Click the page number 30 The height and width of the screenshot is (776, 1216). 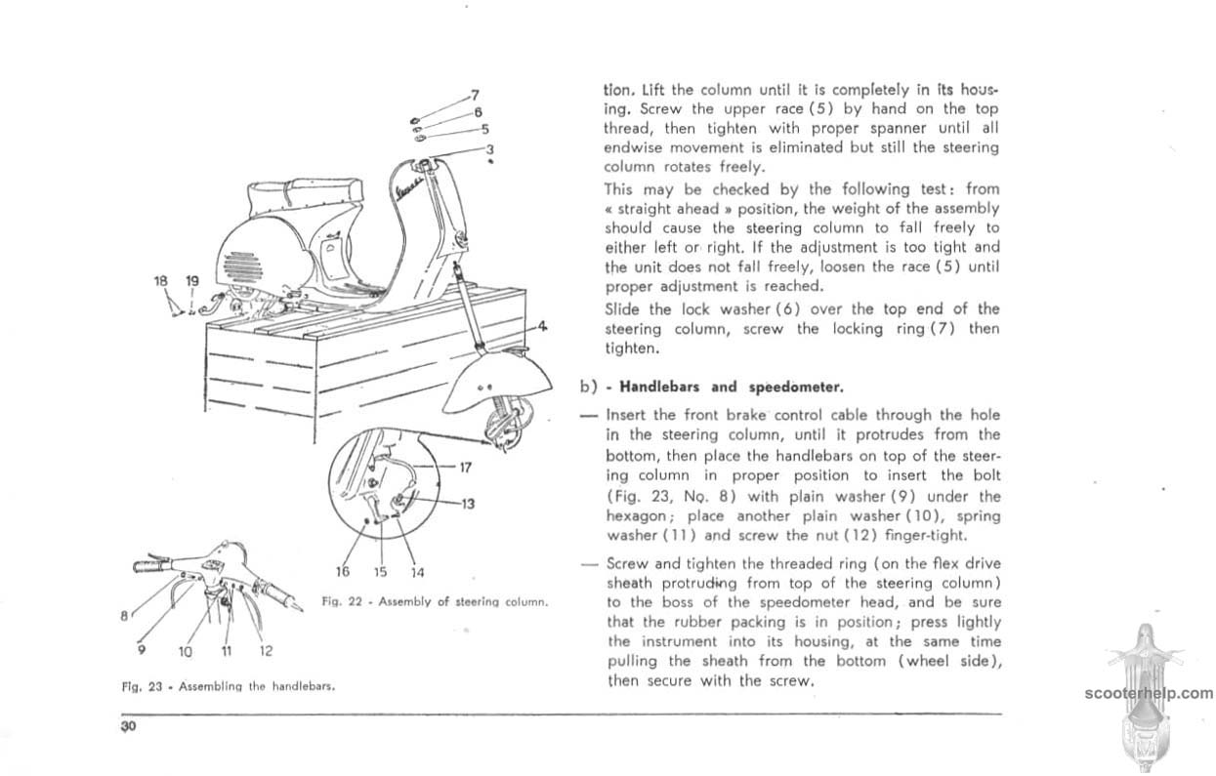[127, 727]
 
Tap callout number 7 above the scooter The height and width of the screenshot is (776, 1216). [475, 95]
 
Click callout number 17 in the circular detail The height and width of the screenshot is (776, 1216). [466, 467]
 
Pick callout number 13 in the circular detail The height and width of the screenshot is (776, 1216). [468, 504]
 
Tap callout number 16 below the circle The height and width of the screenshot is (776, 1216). [343, 572]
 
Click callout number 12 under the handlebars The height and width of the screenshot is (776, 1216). [266, 651]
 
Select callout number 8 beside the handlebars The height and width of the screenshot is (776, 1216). [124, 616]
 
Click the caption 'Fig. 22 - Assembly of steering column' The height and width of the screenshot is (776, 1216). [435, 601]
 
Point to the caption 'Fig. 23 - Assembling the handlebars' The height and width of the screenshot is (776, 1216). [229, 686]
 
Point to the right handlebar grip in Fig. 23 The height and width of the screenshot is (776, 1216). [288, 590]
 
